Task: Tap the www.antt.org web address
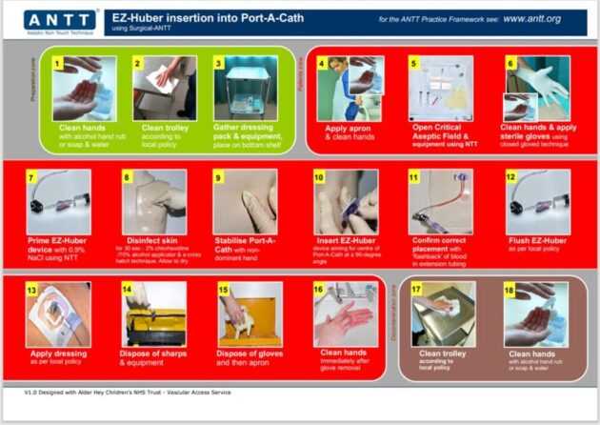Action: pyautogui.click(x=550, y=18)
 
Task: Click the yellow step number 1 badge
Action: pyautogui.click(x=59, y=64)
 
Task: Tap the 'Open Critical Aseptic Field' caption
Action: pyautogui.click(x=441, y=131)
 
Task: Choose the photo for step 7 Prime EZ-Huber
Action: pyautogui.click(x=60, y=201)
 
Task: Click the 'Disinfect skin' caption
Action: pyautogui.click(x=152, y=239)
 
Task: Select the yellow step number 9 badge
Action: pyautogui.click(x=219, y=177)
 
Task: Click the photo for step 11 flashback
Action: pyautogui.click(x=440, y=201)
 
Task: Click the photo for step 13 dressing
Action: pyautogui.click(x=59, y=314)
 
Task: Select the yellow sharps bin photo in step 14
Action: pyautogui.click(x=153, y=314)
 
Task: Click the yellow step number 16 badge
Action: pyautogui.click(x=318, y=289)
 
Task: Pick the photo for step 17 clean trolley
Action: pyautogui.click(x=441, y=314)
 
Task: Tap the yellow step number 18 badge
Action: pyautogui.click(x=510, y=289)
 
